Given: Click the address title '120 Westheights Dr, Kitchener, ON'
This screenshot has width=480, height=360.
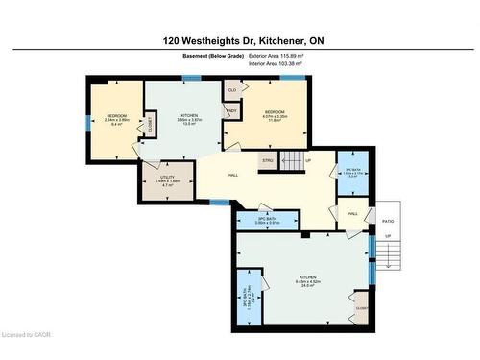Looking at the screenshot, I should click(x=239, y=41).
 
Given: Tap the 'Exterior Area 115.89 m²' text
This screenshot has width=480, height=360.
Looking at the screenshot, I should click(x=276, y=56).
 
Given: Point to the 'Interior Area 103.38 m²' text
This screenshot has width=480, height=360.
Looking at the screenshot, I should click(x=276, y=64).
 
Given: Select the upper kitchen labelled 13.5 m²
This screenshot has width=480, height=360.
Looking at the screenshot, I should click(x=189, y=119).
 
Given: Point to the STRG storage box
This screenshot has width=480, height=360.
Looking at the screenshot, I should click(x=268, y=160).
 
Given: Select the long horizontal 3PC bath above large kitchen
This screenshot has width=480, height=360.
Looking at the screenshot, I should click(x=269, y=220).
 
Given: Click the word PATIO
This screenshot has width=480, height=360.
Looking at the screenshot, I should click(x=388, y=220).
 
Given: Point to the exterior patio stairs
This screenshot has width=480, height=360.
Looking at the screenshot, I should click(x=387, y=252).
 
